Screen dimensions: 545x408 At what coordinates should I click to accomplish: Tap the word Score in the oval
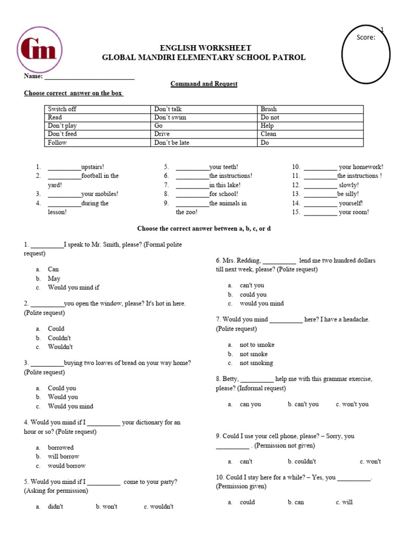pos(365,37)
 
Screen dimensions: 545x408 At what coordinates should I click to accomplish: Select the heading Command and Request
pos(203,84)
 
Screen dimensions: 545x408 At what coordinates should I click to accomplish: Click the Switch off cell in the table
pos(62,109)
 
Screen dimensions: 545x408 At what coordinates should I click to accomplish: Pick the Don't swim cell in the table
pos(170,117)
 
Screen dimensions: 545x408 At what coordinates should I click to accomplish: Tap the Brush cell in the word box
pos(268,109)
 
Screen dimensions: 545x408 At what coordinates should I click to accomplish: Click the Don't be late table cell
pos(172,143)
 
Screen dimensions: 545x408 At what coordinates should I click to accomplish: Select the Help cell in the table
pos(267,126)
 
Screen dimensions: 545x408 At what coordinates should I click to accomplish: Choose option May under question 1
pos(54,278)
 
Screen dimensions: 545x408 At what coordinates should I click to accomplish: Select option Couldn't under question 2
pos(59,338)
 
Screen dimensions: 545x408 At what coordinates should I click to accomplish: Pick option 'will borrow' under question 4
pos(63,457)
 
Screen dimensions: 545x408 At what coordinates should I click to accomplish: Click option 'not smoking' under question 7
pos(256,363)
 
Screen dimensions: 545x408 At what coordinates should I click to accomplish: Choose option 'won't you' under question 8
pos(352,404)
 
